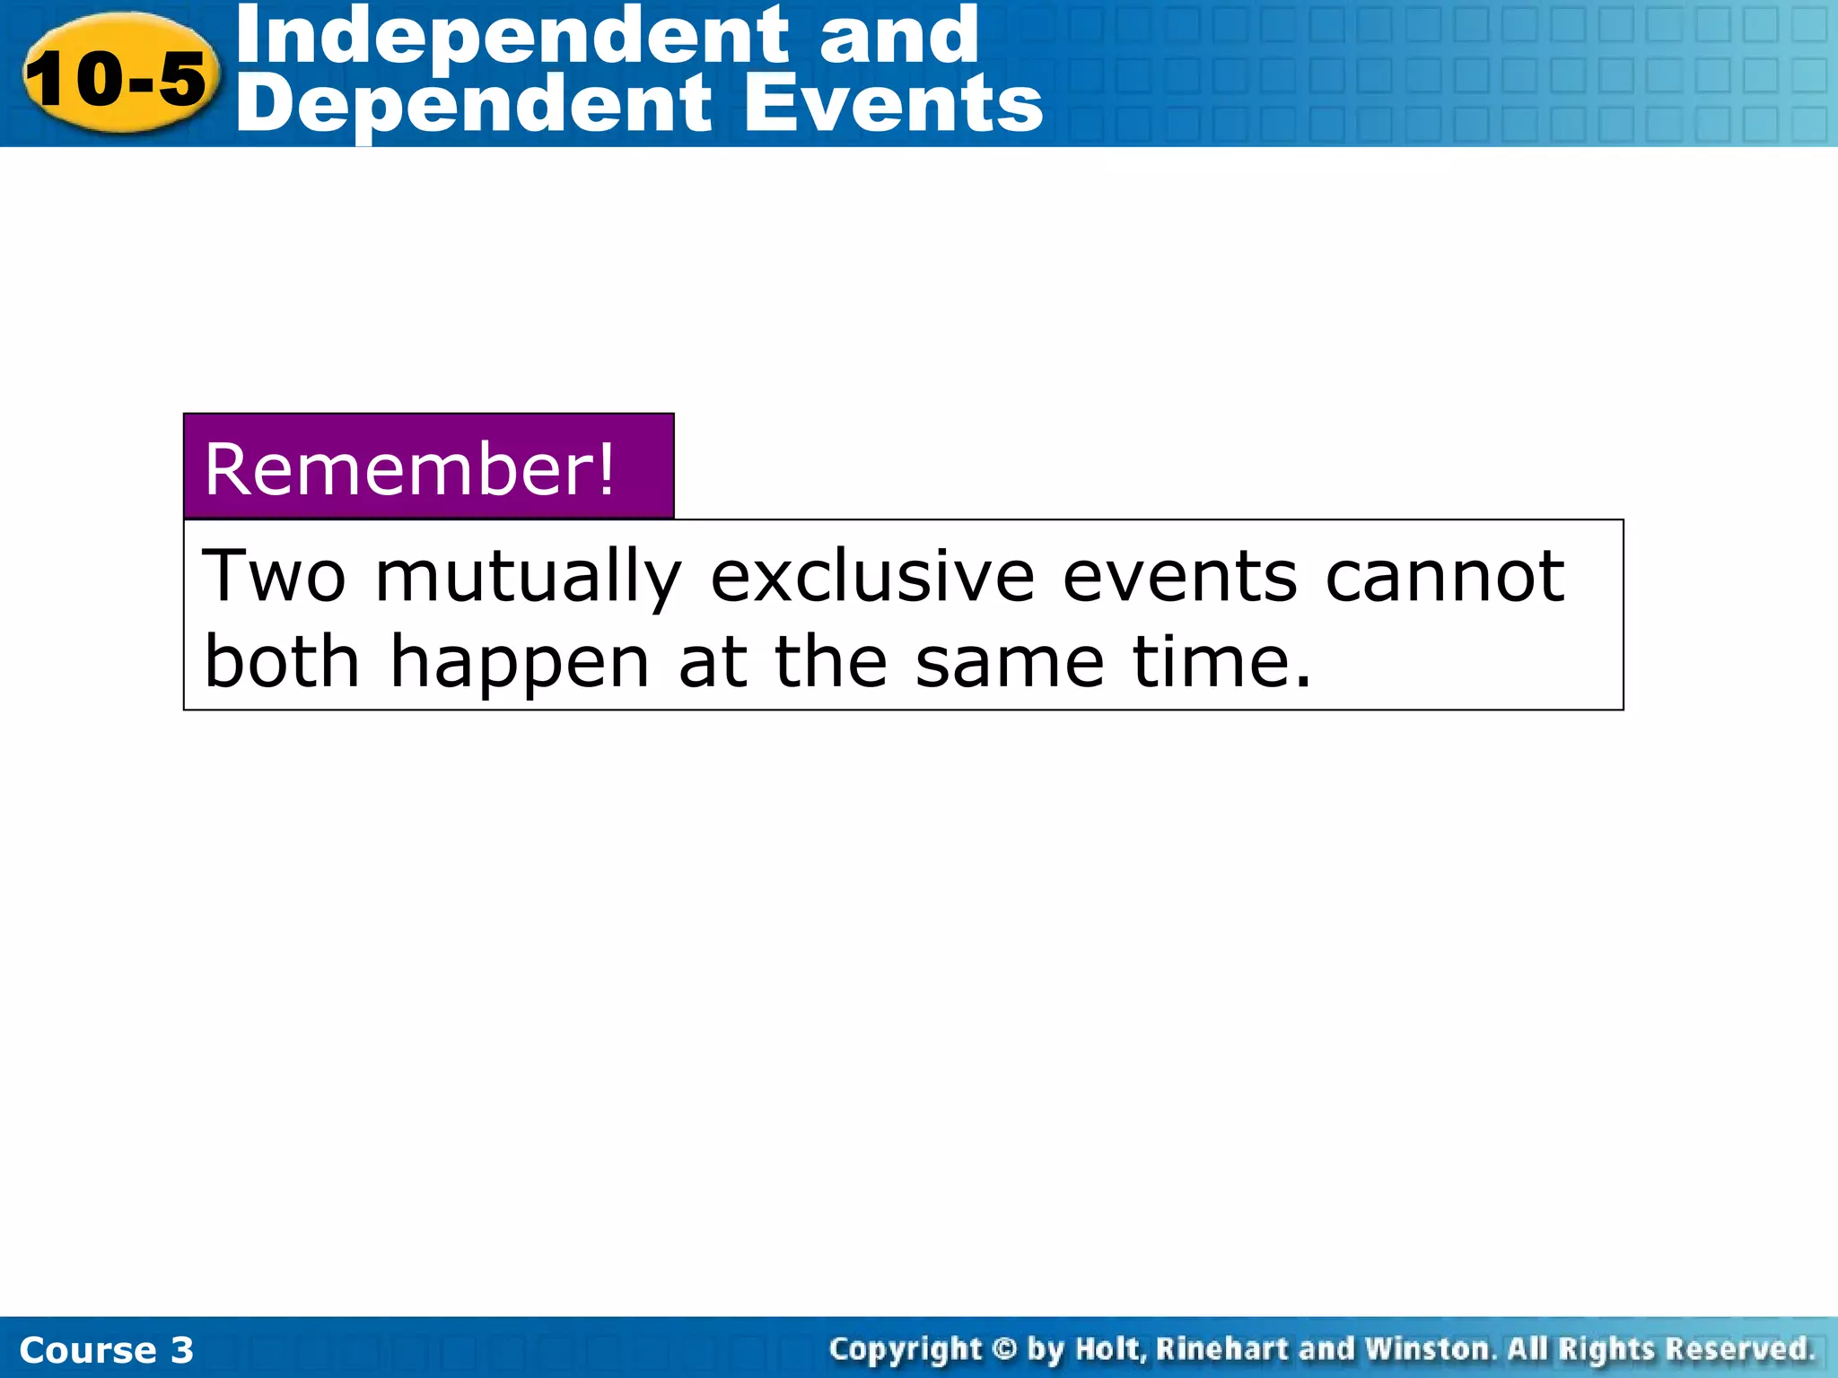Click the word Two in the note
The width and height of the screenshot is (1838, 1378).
[275, 575]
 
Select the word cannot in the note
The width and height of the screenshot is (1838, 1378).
[1444, 575]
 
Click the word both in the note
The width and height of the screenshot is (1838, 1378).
[282, 661]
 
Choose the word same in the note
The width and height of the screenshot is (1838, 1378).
[1010, 662]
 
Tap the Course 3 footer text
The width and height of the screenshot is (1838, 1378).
[106, 1349]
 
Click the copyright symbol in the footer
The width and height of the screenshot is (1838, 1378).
[1004, 1348]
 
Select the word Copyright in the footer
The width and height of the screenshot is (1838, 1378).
[906, 1349]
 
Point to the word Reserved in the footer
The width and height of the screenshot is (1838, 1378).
[1740, 1348]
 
